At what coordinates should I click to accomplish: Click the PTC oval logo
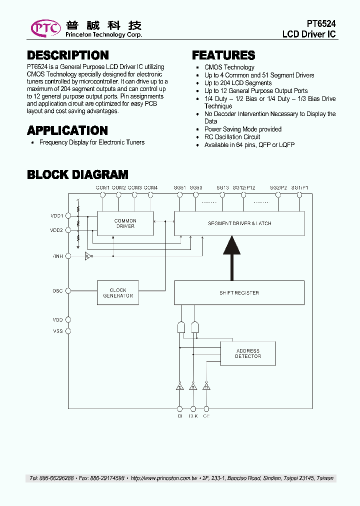click(x=46, y=28)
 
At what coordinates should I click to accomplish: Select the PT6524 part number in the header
click(x=321, y=24)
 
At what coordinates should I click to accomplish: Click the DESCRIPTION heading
click(x=67, y=55)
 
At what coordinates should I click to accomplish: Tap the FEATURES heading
click(x=223, y=55)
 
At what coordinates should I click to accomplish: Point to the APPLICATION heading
click(x=67, y=130)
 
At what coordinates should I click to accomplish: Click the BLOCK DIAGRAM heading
click(x=77, y=174)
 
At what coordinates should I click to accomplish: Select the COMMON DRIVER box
click(x=125, y=223)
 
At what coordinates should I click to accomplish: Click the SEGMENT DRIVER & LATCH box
click(x=239, y=223)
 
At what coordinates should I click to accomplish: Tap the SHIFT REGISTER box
click(x=239, y=293)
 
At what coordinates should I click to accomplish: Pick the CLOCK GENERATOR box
click(x=117, y=293)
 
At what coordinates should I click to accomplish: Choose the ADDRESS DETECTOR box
click(x=247, y=353)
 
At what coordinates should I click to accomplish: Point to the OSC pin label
click(x=58, y=290)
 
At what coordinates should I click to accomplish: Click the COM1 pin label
click(x=102, y=187)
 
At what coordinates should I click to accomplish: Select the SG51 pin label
click(x=179, y=187)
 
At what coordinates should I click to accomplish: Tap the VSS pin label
click(x=58, y=331)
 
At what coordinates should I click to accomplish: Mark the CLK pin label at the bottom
click(x=193, y=415)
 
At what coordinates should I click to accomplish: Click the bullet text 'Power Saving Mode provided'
click(x=242, y=129)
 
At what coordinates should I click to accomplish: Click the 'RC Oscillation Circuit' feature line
click(x=232, y=137)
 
